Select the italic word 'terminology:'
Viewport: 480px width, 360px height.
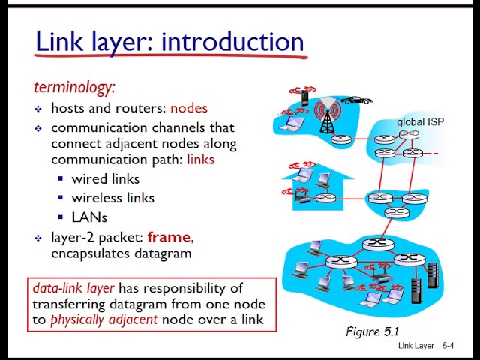(74, 87)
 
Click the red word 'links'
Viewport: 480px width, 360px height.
(200, 160)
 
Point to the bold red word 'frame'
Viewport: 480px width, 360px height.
(169, 237)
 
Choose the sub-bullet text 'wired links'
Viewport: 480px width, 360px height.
(105, 179)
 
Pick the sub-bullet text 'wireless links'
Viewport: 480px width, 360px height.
(112, 198)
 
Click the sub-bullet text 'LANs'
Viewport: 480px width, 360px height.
(89, 217)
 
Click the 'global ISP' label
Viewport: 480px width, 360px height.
(421, 122)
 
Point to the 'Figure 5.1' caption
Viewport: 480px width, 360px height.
(373, 331)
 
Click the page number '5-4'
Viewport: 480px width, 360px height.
(448, 346)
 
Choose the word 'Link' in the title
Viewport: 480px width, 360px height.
(59, 41)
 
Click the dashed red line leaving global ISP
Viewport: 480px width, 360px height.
(430, 154)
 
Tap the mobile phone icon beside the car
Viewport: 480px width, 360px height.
(304, 96)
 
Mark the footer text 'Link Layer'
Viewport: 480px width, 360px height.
(416, 346)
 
